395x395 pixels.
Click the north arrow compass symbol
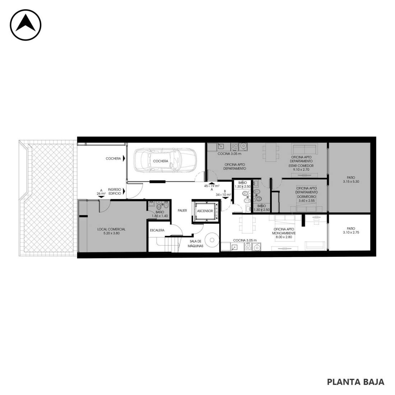point(25,25)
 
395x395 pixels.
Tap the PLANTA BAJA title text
point(355,382)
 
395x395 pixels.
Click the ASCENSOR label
point(205,211)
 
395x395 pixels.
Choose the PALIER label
point(182,210)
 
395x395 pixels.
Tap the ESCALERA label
point(157,230)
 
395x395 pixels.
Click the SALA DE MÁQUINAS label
point(195,243)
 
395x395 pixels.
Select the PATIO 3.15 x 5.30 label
point(351,180)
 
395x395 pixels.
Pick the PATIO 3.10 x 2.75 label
point(351,231)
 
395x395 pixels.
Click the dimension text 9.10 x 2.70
point(301,169)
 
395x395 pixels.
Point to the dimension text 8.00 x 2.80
point(284,237)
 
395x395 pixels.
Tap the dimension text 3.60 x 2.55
point(307,200)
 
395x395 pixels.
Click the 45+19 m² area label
point(212,186)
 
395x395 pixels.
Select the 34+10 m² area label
point(223,195)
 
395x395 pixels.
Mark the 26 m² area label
point(101,194)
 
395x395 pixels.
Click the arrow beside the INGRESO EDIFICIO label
point(124,191)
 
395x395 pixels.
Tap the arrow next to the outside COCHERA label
point(124,158)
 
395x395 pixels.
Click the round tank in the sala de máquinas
point(212,240)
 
